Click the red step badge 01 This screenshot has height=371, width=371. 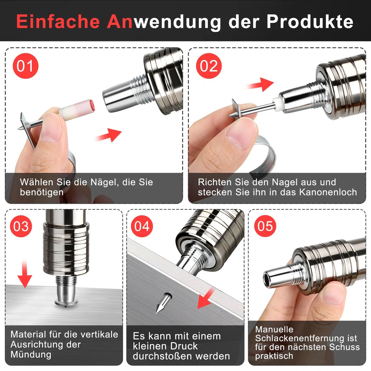25,66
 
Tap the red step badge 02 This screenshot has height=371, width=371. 209,66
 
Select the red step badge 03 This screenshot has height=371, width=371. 21,226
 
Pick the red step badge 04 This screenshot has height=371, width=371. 142,226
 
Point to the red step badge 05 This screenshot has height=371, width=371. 265,226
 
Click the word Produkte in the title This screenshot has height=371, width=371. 310,21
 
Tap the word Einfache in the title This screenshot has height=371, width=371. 58,21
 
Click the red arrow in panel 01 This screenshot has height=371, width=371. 109,135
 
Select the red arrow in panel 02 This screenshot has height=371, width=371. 260,84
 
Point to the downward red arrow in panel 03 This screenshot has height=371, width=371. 24,274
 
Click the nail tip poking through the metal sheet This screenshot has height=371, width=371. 164,303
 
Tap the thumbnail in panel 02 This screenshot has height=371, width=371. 241,133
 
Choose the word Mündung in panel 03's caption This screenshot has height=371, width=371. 31,355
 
